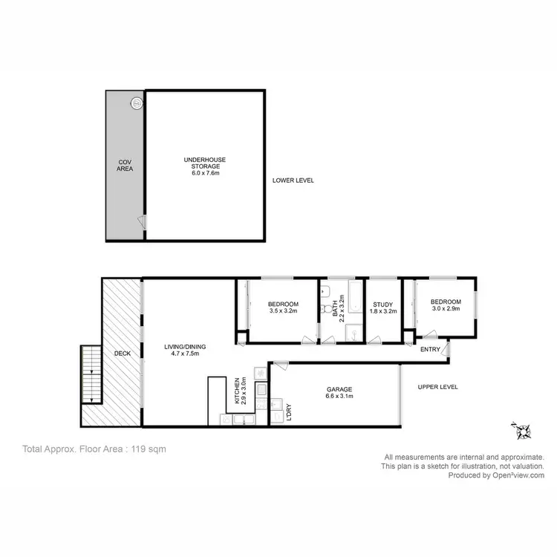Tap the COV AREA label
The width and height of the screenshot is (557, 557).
tap(124, 165)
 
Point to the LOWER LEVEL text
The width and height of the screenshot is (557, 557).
tap(293, 180)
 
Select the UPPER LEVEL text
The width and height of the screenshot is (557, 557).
tap(437, 387)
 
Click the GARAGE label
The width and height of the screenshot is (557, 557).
tap(339, 389)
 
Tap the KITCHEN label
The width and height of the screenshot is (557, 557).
tap(238, 390)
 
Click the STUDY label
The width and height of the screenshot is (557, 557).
tap(383, 304)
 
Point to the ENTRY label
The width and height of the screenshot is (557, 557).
tap(430, 349)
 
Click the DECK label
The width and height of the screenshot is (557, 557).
tap(123, 354)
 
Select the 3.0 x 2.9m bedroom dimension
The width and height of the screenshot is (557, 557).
tap(446, 309)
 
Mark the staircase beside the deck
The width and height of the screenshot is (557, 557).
tap(91, 374)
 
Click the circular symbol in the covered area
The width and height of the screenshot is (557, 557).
tap(137, 103)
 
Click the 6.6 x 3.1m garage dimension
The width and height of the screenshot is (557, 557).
tap(339, 397)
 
